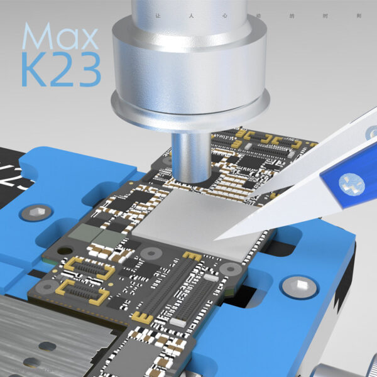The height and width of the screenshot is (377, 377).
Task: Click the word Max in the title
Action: coord(60,38)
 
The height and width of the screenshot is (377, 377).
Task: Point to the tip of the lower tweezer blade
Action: coord(217,238)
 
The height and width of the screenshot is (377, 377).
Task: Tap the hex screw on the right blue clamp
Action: coord(300,287)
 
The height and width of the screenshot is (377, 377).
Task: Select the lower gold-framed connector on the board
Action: coord(78,292)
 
